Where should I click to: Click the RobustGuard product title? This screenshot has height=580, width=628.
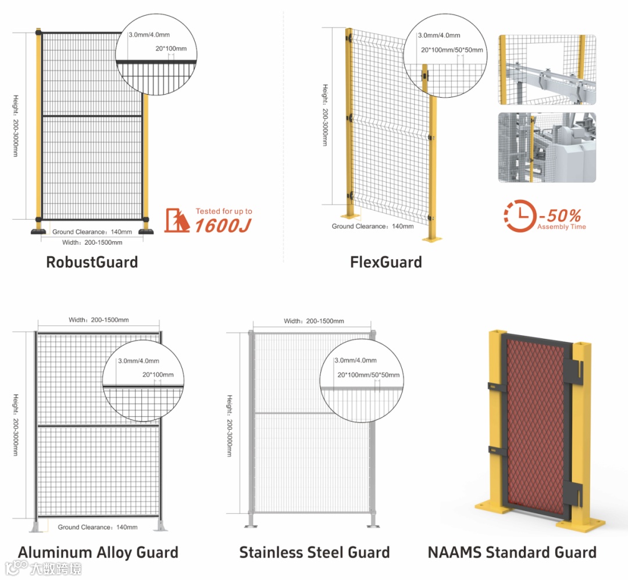(92, 262)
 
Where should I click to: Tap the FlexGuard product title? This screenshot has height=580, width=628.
(386, 262)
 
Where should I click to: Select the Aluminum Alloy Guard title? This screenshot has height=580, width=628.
(98, 552)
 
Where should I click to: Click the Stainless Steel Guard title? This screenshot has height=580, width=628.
(315, 552)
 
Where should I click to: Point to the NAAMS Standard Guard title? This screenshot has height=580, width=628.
(512, 552)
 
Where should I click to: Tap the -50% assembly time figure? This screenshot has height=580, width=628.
(559, 214)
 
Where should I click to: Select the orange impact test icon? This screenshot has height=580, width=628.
(177, 220)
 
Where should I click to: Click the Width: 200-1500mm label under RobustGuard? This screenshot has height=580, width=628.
(92, 242)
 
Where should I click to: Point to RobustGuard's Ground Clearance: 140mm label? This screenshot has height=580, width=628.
(92, 232)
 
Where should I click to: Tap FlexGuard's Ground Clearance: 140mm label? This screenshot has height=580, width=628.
(373, 226)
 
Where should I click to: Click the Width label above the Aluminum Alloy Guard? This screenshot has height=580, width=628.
(99, 320)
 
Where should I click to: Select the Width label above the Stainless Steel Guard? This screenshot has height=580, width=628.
(314, 321)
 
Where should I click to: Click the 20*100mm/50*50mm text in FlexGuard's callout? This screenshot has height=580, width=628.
(451, 49)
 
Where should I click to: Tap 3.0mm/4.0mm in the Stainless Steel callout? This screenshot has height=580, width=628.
(355, 360)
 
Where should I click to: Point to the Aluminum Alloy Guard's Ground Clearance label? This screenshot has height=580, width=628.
(98, 527)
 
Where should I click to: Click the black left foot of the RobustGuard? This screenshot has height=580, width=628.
(38, 231)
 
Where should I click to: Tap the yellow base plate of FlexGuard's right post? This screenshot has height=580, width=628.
(432, 238)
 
